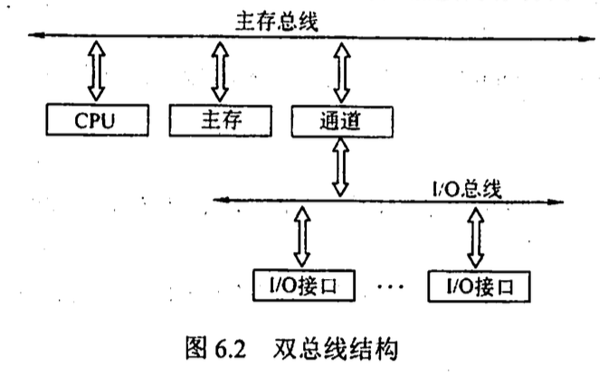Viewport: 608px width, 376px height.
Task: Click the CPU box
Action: (94, 119)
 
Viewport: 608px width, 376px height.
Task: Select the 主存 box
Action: (219, 119)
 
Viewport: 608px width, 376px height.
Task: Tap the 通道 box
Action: (341, 119)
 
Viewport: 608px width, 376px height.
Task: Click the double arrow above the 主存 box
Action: (218, 70)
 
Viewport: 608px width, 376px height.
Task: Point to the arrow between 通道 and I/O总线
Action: (341, 165)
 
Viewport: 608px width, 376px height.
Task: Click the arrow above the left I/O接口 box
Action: (302, 238)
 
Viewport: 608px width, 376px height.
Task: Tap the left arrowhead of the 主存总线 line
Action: (34, 35)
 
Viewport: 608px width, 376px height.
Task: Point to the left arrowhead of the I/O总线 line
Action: (218, 201)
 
